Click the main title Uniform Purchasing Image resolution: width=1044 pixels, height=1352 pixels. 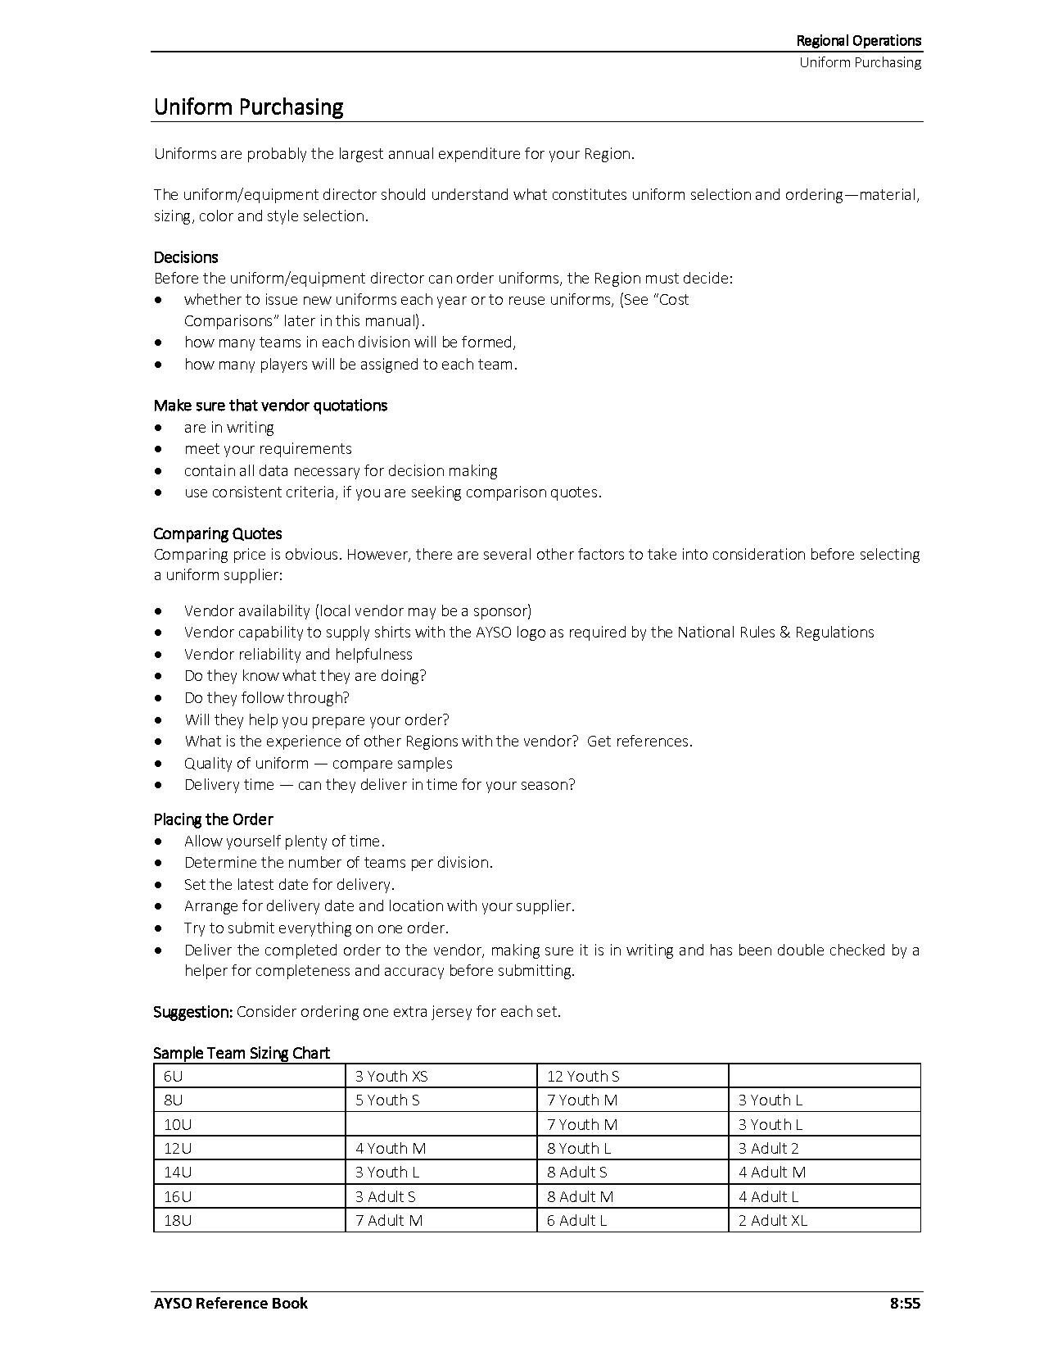click(248, 107)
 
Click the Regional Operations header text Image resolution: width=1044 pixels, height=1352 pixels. click(858, 41)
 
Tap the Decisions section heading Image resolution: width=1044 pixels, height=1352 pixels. click(186, 257)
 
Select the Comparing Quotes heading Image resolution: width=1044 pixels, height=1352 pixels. click(218, 533)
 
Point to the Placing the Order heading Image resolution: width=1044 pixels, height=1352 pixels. click(213, 819)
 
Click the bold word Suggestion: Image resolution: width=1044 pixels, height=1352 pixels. click(193, 1012)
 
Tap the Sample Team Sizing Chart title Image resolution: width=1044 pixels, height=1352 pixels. click(242, 1053)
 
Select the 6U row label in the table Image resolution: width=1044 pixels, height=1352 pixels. click(174, 1077)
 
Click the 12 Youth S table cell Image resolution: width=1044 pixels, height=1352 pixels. click(583, 1077)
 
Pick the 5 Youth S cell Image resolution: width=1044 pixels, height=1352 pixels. click(387, 1100)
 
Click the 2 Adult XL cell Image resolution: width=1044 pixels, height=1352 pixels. click(772, 1221)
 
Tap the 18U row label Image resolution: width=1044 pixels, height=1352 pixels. click(178, 1221)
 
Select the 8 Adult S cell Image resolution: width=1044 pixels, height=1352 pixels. click(577, 1173)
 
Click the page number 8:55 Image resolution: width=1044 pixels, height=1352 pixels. click(905, 1303)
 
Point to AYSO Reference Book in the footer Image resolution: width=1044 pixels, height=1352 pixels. click(231, 1303)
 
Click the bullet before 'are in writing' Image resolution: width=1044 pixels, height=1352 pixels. click(158, 428)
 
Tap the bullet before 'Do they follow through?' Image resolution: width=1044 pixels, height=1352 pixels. click(158, 698)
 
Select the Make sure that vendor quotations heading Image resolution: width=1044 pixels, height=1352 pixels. click(270, 406)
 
